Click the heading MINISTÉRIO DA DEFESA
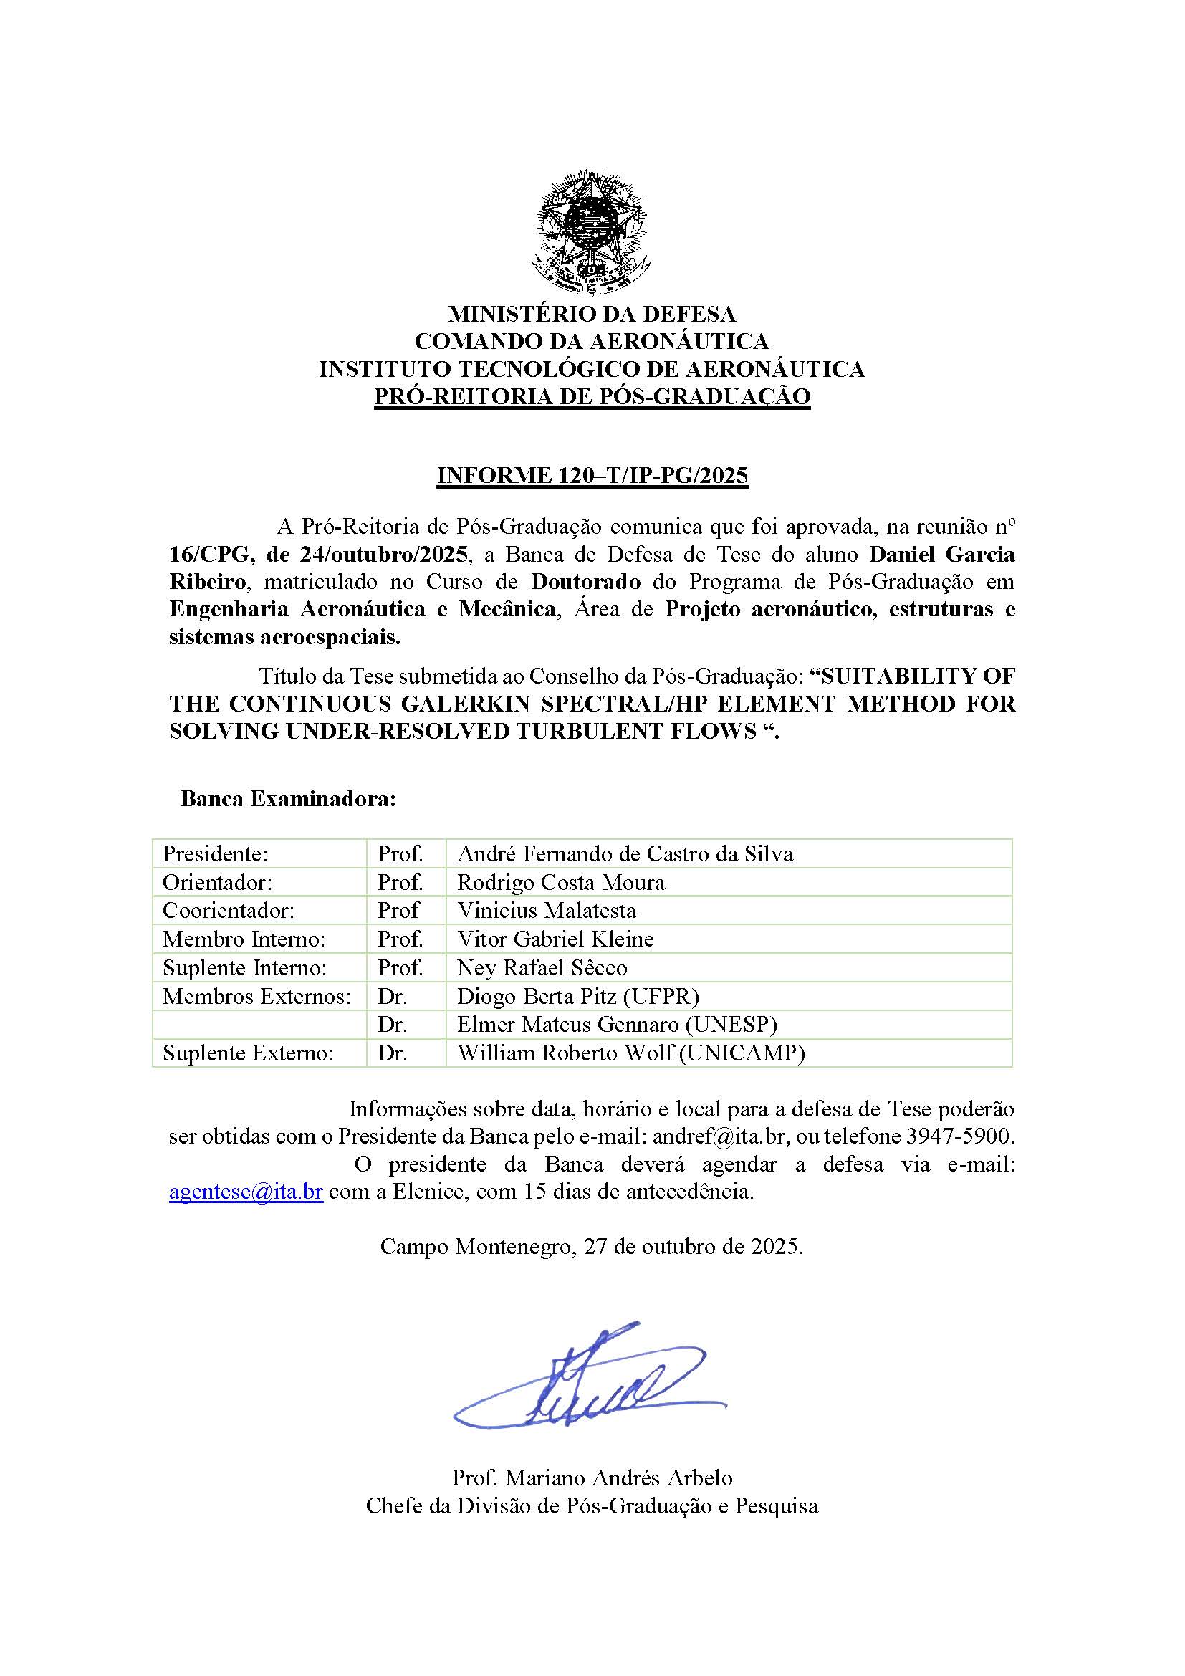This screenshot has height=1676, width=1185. pos(592,314)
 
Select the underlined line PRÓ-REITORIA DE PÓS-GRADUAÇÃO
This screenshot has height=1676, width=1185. pos(592,396)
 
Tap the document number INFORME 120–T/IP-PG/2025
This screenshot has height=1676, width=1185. pos(592,475)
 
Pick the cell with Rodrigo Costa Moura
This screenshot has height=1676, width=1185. pos(561,883)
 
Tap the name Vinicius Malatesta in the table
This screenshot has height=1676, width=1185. pos(547,910)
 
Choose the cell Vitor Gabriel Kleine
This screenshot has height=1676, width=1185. pos(555,939)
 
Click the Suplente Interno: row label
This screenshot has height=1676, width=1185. pos(244,967)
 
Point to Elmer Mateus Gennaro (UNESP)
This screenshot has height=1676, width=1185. pos(617,1024)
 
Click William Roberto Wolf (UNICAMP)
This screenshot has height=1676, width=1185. pos(630,1053)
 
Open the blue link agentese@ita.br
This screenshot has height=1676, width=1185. pos(246,1192)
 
